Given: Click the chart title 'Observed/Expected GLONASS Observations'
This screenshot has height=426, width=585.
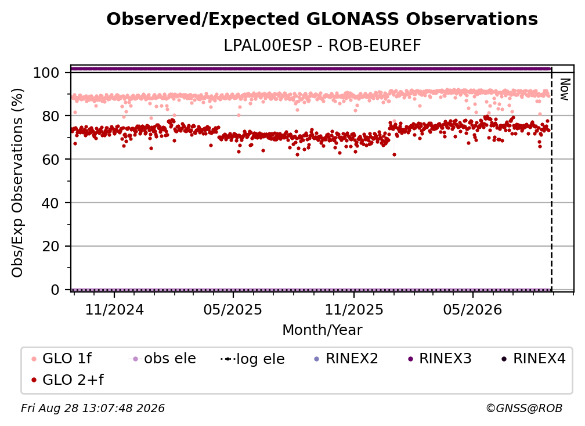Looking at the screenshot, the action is (x=322, y=19).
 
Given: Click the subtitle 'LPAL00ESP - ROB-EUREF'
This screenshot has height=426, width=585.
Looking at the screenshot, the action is (x=322, y=45).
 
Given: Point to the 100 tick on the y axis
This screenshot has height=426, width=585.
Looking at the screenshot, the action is (x=46, y=73).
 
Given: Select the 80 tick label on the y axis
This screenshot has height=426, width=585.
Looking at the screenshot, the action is (x=50, y=116).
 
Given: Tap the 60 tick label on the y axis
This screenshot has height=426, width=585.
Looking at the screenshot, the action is (x=50, y=160).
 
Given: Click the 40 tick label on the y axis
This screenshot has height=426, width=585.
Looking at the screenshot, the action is (x=50, y=203).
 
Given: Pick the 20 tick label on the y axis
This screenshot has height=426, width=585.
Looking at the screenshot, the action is (x=50, y=247).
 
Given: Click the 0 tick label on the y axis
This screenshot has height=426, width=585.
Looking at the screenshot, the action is (x=55, y=290).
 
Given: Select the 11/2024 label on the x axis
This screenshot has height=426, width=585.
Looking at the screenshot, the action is (x=114, y=310).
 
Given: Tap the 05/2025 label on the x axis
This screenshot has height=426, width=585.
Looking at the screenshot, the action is (x=233, y=310).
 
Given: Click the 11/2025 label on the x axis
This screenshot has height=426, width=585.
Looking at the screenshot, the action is (x=354, y=310).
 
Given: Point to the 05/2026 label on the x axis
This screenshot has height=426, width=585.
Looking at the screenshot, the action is (x=472, y=310).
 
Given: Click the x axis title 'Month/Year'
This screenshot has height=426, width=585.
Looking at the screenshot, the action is (x=322, y=330).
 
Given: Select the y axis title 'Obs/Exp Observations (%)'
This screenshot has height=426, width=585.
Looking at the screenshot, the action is (x=17, y=183).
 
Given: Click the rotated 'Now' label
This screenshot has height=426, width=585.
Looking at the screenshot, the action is (x=565, y=89).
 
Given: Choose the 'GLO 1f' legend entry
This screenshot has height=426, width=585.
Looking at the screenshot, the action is (x=62, y=359).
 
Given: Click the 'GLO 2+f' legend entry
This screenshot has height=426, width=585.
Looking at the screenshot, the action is (x=67, y=380).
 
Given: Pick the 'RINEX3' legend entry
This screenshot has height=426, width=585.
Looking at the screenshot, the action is (x=439, y=359).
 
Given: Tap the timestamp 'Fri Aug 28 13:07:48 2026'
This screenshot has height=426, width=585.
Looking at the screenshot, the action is (x=93, y=409).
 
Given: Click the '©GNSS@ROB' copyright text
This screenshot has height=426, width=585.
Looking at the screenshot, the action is (x=524, y=409).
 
